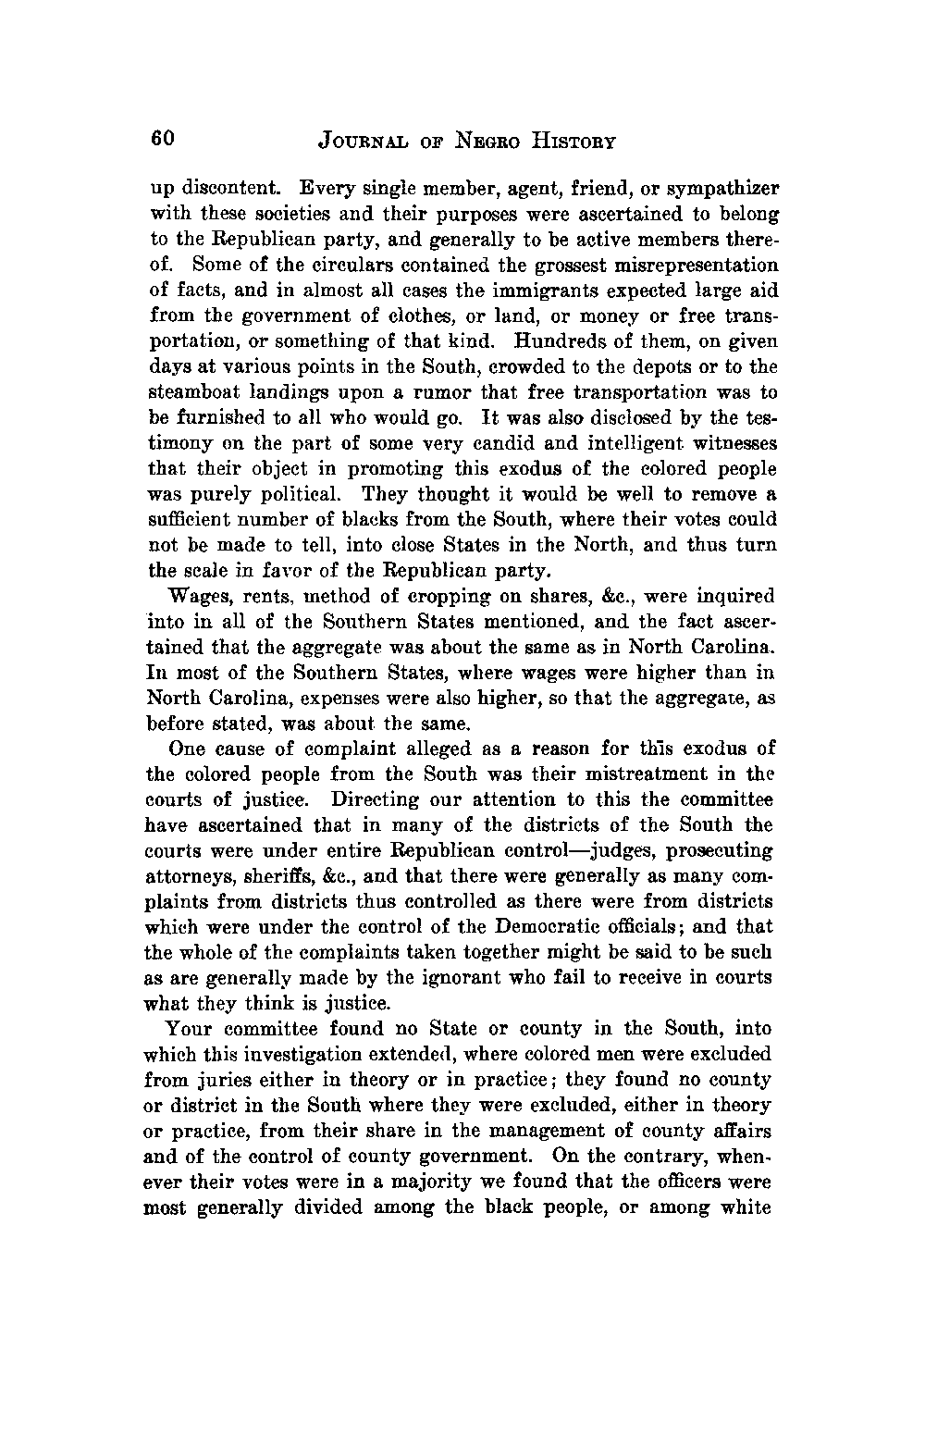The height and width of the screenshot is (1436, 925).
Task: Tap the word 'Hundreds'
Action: (x=552, y=340)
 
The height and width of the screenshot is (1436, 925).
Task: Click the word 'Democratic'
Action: (x=560, y=926)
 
